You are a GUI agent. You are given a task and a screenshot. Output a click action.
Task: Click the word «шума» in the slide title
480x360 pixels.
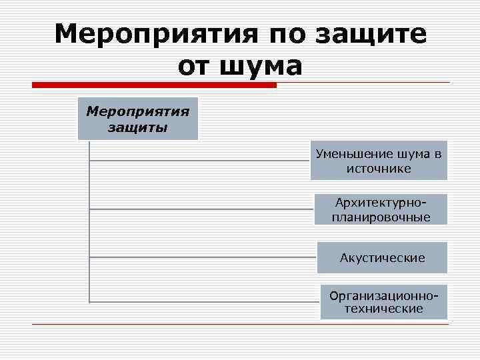pos(258,66)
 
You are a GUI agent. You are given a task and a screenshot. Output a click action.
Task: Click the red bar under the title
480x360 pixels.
pos(154,85)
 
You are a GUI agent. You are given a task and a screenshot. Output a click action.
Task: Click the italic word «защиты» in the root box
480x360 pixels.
pos(138,127)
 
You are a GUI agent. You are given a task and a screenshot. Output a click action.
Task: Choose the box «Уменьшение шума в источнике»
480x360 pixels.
pos(379,161)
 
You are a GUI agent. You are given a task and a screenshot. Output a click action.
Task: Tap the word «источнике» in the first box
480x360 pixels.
pos(379,168)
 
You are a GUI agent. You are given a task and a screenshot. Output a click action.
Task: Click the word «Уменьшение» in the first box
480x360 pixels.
pos(349,154)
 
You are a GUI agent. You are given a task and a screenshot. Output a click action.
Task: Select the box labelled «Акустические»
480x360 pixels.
pos(382,257)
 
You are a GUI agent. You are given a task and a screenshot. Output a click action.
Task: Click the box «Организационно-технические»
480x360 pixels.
pos(384,302)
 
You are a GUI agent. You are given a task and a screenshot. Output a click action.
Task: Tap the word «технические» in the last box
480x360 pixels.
pos(384,309)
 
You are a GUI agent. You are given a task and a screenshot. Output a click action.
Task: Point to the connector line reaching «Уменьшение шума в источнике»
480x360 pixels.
pos(200,161)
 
